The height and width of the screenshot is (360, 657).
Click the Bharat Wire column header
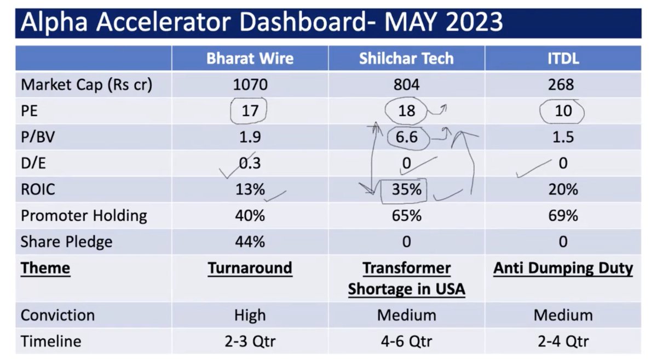[250, 59]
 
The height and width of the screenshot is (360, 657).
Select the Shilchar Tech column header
[406, 59]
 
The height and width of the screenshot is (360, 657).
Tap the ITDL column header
[563, 59]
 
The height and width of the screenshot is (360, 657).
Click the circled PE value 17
[250, 111]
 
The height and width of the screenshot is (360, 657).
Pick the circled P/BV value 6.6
[406, 137]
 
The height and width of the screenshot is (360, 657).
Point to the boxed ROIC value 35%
[406, 189]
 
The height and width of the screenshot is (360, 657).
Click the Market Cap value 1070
[250, 85]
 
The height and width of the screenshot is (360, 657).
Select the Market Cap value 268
[563, 85]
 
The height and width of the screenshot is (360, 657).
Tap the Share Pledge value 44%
[250, 242]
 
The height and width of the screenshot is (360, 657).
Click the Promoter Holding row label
[84, 216]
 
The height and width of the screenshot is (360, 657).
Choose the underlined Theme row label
[45, 269]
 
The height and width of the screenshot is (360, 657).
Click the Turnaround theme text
[250, 269]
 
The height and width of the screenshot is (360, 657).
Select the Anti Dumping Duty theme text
[563, 269]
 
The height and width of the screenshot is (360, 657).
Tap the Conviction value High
[250, 316]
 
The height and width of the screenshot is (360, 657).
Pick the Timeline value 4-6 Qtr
[406, 342]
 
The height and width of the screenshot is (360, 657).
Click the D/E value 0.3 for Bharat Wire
[250, 163]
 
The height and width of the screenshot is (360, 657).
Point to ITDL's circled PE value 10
[563, 111]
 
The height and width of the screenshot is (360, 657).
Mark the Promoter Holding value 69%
[563, 216]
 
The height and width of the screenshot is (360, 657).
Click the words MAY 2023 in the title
[443, 23]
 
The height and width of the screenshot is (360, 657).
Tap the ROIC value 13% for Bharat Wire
[250, 189]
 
